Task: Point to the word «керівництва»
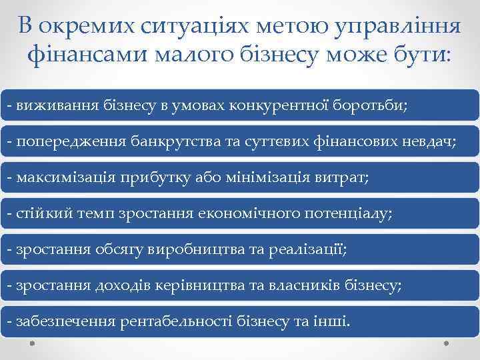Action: [x=212, y=286]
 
